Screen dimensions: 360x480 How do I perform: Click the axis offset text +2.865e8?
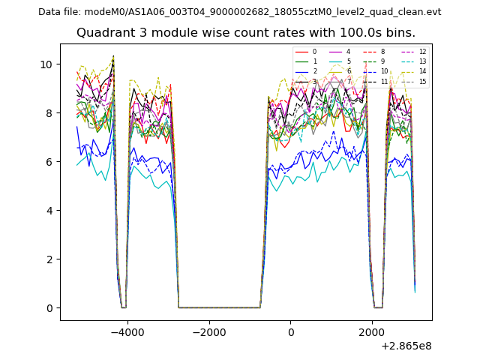click(x=406, y=346)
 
